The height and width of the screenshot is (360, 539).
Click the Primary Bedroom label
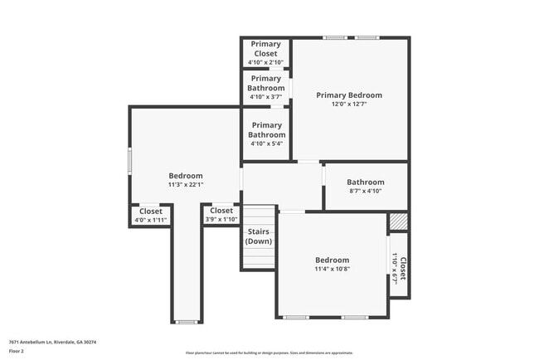coord(348,95)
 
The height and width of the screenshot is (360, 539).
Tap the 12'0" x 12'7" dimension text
coord(348,105)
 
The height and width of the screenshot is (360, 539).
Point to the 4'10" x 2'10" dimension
coord(265,62)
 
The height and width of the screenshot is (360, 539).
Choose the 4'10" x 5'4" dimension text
coord(266,144)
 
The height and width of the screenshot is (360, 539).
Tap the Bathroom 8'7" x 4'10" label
coord(365,182)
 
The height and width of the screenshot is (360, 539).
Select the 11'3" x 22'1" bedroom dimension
coord(186,185)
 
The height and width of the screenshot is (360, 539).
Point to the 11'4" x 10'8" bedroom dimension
coord(332,269)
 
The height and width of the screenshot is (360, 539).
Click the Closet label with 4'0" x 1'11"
coord(151,212)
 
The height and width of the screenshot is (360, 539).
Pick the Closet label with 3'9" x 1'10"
coord(221,211)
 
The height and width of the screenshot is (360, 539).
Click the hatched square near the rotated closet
coord(399,221)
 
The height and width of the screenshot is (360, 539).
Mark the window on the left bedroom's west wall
coord(129,160)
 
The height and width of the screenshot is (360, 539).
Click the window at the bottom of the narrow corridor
coord(187,322)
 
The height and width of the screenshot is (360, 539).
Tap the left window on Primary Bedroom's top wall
coord(335,37)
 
